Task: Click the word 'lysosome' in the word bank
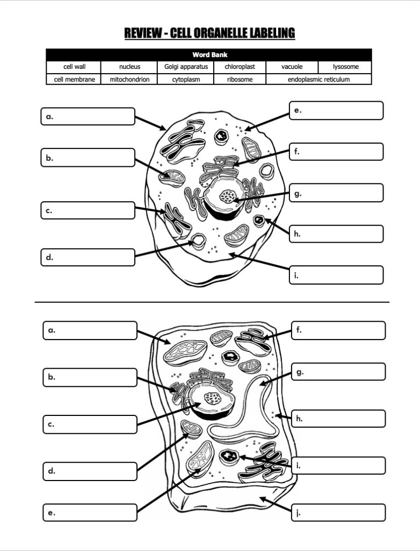[345, 67]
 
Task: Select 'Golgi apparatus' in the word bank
[186, 67]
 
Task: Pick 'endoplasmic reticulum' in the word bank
[318, 80]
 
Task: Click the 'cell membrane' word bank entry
[74, 80]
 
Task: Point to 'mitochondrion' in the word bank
[129, 80]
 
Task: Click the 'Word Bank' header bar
[209, 55]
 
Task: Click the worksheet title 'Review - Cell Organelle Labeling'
[209, 33]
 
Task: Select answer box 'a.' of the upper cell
[88, 116]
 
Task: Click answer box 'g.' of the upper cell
[336, 193]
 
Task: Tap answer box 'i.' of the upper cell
[336, 275]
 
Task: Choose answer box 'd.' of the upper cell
[88, 257]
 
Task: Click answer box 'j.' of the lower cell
[338, 512]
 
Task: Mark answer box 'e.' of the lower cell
[90, 512]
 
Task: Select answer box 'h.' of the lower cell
[338, 419]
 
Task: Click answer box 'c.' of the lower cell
[90, 424]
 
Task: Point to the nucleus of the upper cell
[228, 196]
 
